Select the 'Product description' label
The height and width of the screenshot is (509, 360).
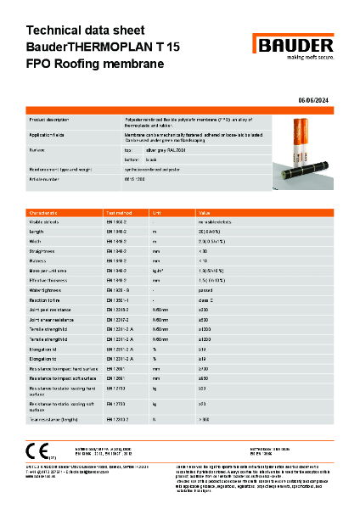[x=49, y=121]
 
